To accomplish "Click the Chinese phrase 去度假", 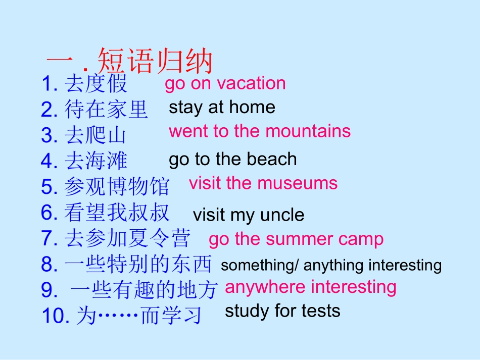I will (x=96, y=84).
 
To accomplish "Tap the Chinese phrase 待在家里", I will (x=106, y=109).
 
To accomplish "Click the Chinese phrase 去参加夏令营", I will (x=127, y=238).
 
